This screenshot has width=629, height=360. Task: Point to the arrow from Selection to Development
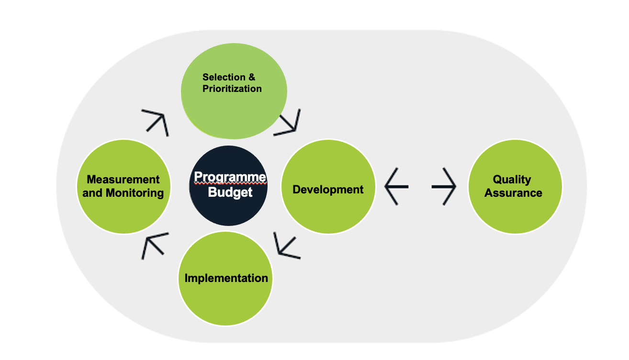tap(289, 123)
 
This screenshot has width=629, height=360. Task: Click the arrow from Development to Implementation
tap(286, 246)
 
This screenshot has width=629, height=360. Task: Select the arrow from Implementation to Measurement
tap(155, 245)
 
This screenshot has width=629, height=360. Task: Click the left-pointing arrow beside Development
tap(396, 186)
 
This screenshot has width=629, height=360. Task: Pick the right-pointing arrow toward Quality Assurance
tap(444, 186)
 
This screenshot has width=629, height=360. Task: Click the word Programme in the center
tap(230, 178)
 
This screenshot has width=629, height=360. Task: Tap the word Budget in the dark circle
tap(230, 193)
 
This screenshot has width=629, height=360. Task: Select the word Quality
tap(512, 180)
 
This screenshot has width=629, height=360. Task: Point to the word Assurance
tap(513, 193)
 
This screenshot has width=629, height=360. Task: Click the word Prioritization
tap(232, 89)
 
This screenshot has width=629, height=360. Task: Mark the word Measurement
tap(123, 180)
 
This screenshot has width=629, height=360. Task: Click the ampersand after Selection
tap(252, 77)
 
